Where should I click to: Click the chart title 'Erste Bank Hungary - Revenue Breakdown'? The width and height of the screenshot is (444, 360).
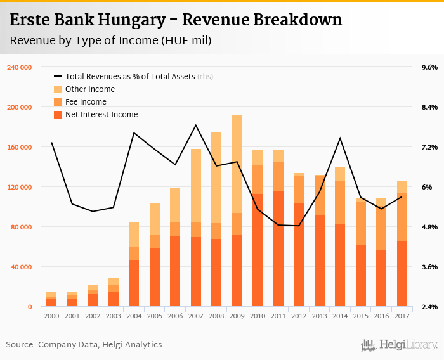click(176, 20)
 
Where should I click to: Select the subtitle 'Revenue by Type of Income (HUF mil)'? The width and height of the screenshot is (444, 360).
click(111, 41)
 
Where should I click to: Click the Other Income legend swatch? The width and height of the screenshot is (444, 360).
click(58, 89)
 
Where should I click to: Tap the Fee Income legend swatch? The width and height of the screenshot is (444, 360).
click(58, 102)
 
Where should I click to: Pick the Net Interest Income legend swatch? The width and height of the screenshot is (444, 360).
click(58, 115)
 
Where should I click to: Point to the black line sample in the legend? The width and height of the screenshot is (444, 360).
click(58, 77)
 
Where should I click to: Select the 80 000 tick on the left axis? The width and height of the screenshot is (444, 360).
click(22, 227)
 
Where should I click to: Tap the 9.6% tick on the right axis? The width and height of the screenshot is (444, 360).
click(429, 67)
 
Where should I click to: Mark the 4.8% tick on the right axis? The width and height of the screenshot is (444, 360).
click(429, 227)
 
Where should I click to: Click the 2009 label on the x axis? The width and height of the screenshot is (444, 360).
click(237, 316)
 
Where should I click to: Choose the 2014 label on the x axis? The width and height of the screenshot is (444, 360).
click(340, 316)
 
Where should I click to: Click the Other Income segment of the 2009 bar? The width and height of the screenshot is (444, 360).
click(237, 164)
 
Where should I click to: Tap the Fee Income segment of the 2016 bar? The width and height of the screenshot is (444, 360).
click(381, 229)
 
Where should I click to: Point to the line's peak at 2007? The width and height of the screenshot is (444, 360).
click(195, 125)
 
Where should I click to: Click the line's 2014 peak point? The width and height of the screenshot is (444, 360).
click(340, 138)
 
